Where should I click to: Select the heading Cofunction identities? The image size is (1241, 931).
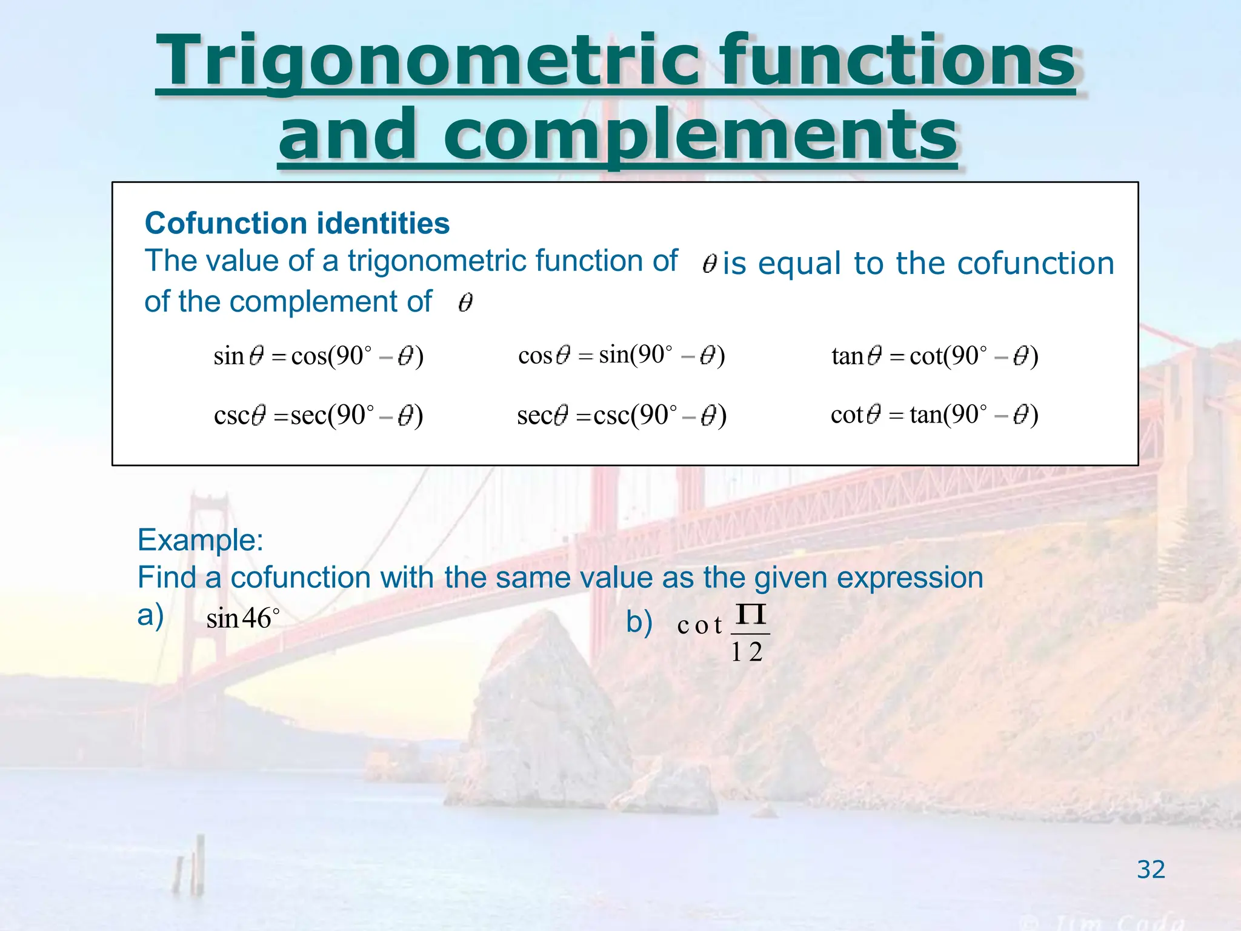pyautogui.click(x=297, y=223)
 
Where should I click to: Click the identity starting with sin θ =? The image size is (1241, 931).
pyautogui.click(x=318, y=356)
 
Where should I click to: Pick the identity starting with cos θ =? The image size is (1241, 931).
pyautogui.click(x=621, y=355)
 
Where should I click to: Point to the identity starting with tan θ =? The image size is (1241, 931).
pyautogui.click(x=934, y=356)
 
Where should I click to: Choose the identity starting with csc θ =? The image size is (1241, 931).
pyautogui.click(x=318, y=416)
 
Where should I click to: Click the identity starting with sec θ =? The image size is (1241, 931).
pyautogui.click(x=621, y=416)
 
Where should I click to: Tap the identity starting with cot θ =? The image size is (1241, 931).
pyautogui.click(x=934, y=415)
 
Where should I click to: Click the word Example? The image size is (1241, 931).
pyautogui.click(x=200, y=539)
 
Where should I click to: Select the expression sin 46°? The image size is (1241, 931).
pyautogui.click(x=242, y=619)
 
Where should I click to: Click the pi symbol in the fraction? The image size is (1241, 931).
pyautogui.click(x=751, y=615)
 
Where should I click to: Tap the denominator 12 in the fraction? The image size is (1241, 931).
pyautogui.click(x=747, y=652)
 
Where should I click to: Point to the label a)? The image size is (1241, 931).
pyautogui.click(x=150, y=615)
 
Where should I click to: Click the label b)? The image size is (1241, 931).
pyautogui.click(x=639, y=622)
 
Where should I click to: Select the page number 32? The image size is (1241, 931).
pyautogui.click(x=1150, y=870)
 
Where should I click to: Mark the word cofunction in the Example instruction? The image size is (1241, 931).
pyautogui.click(x=301, y=577)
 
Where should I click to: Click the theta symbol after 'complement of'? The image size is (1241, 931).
pyautogui.click(x=465, y=302)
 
